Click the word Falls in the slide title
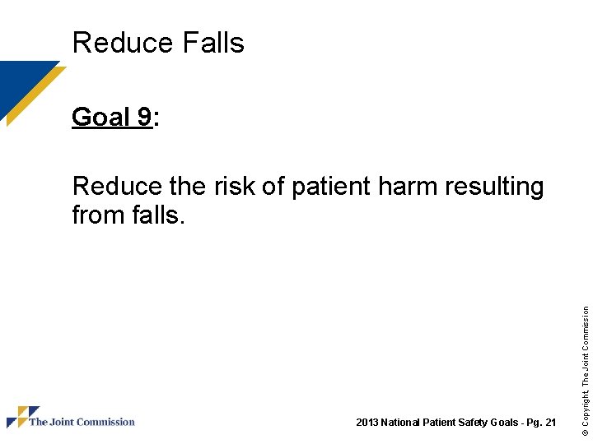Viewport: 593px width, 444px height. (x=210, y=42)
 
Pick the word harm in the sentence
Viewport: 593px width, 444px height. (x=408, y=187)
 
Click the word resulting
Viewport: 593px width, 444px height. (x=494, y=187)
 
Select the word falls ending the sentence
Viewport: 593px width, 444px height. (x=155, y=215)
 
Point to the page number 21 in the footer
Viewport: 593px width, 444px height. (x=550, y=423)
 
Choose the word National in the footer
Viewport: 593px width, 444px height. (x=399, y=423)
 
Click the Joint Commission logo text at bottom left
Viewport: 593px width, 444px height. (x=82, y=422)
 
